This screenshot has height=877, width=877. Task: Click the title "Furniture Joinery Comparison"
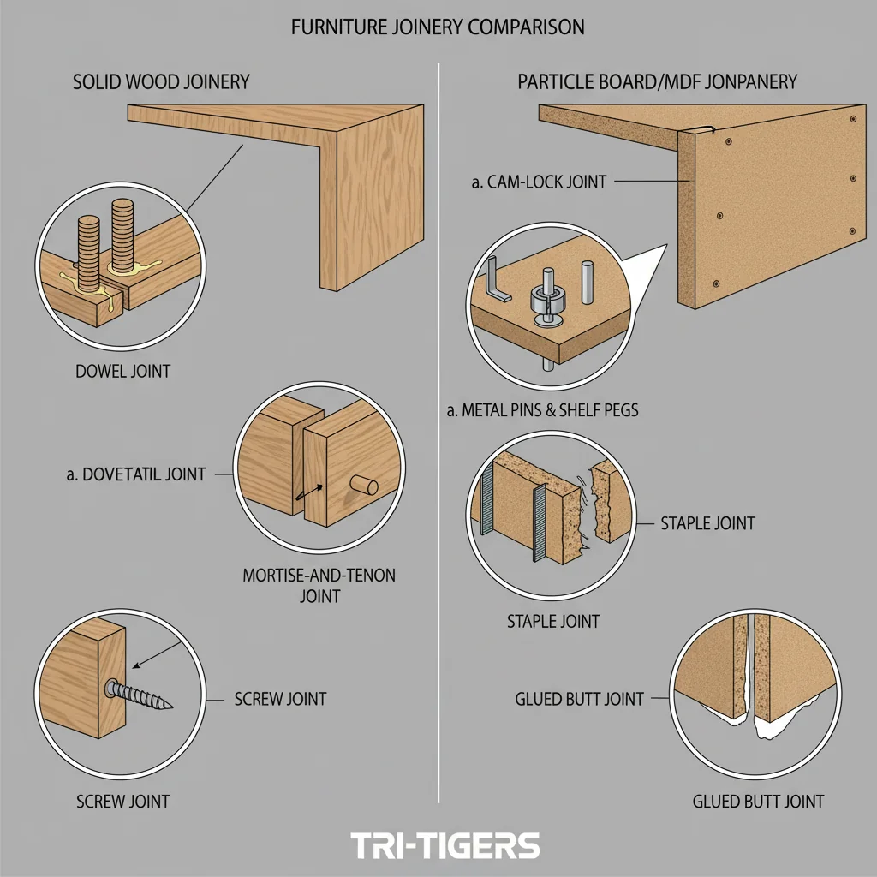[438, 27]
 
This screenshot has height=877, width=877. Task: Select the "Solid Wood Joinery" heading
[161, 82]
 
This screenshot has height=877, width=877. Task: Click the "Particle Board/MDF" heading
[657, 82]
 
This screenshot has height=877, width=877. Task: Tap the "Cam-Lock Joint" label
[539, 182]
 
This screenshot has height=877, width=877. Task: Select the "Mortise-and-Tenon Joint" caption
[319, 585]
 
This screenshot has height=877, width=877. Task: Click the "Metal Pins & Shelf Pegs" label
[542, 411]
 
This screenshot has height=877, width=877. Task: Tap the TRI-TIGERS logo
[445, 846]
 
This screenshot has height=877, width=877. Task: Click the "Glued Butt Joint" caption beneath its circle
[757, 802]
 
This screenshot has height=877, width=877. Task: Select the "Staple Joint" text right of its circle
[707, 523]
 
